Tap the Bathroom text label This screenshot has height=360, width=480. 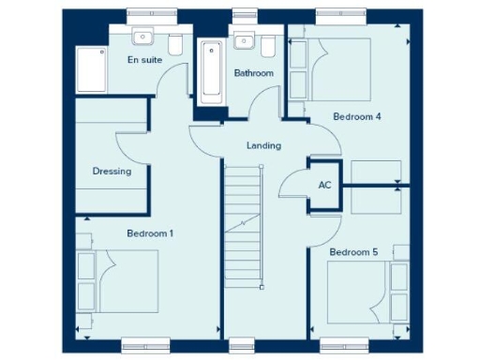point(253,73)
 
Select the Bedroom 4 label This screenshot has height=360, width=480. point(357,117)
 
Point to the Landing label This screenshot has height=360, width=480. point(263,146)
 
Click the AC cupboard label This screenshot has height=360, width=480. point(325,186)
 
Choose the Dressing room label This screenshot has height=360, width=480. point(112,172)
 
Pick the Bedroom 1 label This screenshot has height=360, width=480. point(150,232)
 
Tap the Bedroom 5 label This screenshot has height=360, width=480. point(352,252)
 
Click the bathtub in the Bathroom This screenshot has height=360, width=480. point(211,71)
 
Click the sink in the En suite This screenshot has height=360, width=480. point(143,37)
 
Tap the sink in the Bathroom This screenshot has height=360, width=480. point(245,39)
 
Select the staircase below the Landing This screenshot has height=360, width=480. point(242,226)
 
